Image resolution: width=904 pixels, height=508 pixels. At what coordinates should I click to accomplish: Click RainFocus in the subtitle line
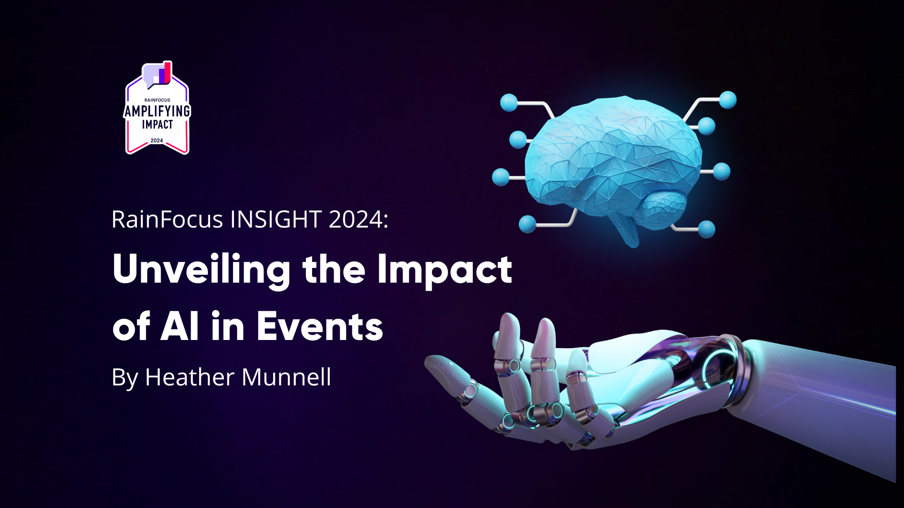167,219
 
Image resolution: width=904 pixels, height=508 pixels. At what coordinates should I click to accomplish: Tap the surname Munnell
286,377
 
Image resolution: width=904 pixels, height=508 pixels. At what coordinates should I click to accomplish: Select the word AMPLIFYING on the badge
157,111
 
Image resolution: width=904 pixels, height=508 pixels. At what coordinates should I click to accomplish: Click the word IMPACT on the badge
157,125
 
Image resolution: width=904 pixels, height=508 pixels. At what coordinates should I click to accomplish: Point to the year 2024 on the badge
157,141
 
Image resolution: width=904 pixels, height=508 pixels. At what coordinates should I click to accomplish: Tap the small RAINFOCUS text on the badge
157,100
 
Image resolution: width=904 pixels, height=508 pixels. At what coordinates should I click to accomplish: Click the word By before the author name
124,378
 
